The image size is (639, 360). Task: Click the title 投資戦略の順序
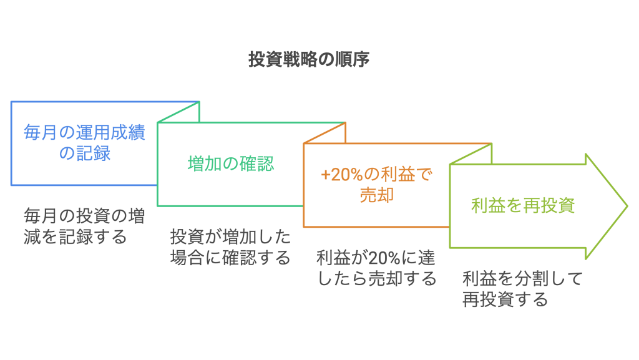310,60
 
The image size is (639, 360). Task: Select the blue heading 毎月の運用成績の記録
84,143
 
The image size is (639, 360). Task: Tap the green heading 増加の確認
230,163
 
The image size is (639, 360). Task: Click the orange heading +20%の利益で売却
376,185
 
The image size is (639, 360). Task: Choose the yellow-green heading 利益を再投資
523,205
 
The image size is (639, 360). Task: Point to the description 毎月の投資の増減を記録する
84,227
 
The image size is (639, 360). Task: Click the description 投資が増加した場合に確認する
230,248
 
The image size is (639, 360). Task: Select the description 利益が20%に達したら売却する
376,268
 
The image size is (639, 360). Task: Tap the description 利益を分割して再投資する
522,289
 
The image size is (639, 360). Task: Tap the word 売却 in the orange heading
376,195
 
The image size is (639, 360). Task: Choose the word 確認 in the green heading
256,163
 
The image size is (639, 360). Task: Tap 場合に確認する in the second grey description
230,258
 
